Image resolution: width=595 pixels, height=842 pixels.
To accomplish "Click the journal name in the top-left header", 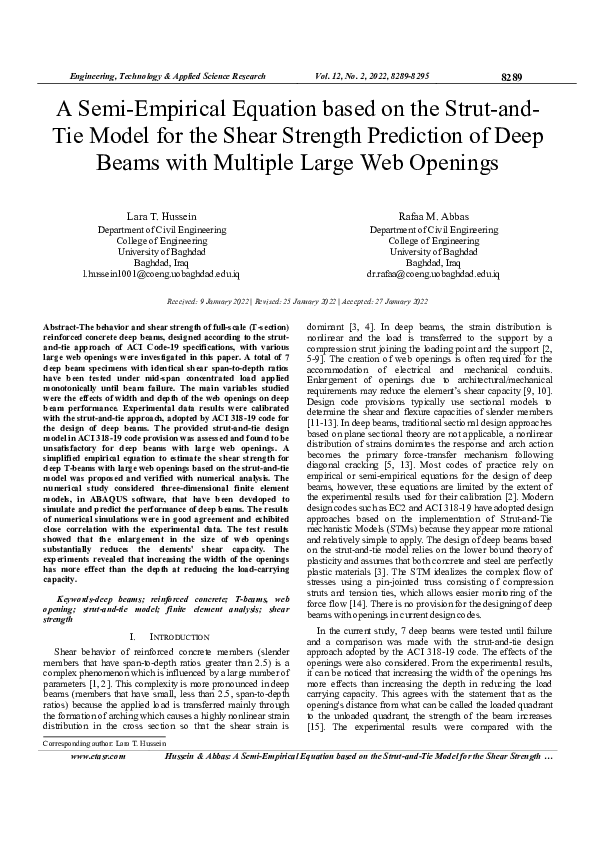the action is point(165,76).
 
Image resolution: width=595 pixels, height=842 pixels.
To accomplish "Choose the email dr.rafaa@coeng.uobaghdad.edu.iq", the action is point(439,272).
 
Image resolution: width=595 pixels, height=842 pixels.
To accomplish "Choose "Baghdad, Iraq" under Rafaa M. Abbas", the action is point(439,261).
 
